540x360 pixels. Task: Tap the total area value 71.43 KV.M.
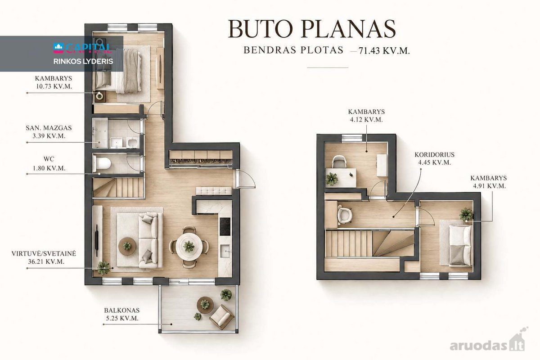click(x=384, y=51)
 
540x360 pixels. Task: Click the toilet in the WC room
click(x=102, y=163)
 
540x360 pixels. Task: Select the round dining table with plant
click(x=189, y=246)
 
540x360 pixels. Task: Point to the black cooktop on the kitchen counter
click(x=225, y=226)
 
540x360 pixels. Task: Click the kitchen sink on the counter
click(x=225, y=251)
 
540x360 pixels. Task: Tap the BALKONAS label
click(x=122, y=310)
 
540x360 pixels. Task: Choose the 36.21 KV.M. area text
click(x=46, y=261)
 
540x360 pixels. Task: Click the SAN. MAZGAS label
click(x=49, y=128)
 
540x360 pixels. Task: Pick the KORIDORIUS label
click(x=434, y=154)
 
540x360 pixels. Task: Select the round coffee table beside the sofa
click(x=127, y=246)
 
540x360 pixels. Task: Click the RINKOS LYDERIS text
click(x=83, y=62)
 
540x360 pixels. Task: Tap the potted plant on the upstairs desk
click(x=332, y=179)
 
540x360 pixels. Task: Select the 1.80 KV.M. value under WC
click(x=49, y=168)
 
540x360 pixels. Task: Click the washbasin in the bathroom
click(x=117, y=143)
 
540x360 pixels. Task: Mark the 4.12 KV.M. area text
click(x=366, y=120)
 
